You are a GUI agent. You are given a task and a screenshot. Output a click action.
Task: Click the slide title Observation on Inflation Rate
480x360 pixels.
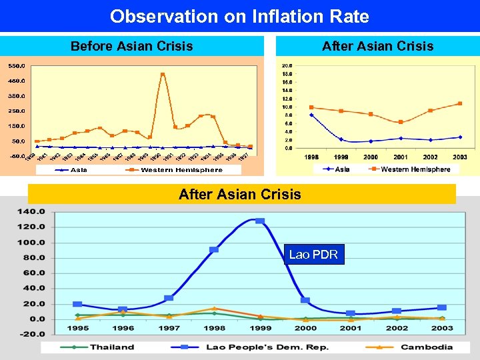click(239, 16)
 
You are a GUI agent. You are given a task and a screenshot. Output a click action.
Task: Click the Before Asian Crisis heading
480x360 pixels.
click(131, 46)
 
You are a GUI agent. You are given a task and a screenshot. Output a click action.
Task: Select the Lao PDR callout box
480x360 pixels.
click(313, 255)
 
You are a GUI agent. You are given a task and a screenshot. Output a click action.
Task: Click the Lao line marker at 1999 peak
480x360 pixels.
click(259, 221)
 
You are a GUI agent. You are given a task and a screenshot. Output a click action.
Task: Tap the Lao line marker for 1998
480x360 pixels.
click(214, 249)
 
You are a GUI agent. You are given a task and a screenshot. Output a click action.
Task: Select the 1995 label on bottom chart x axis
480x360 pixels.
click(77, 329)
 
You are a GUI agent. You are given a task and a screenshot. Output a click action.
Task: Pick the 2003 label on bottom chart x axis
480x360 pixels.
click(442, 329)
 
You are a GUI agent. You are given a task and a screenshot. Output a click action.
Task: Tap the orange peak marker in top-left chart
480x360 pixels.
click(163, 75)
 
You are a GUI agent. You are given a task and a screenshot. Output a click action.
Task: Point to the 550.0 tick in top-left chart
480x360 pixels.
click(17, 66)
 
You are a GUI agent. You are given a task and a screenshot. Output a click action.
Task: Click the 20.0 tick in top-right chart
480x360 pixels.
click(287, 65)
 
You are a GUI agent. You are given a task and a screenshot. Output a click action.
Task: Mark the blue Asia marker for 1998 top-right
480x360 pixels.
click(311, 115)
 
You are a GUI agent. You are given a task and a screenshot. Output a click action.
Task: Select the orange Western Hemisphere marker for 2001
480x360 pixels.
click(401, 122)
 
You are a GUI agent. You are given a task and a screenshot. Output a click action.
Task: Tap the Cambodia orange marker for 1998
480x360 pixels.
click(214, 309)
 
